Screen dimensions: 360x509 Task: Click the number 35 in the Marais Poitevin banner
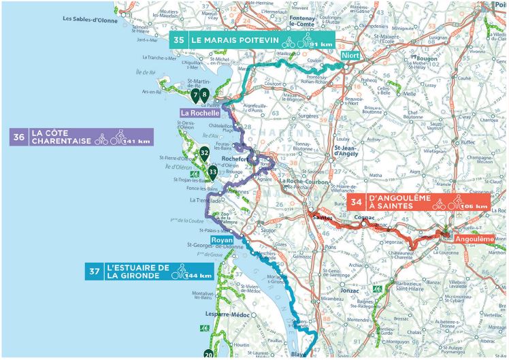click(179, 40)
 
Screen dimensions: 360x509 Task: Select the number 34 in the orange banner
click(357, 202)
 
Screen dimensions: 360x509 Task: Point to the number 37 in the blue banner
click(95, 272)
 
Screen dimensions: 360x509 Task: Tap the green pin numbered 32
click(204, 153)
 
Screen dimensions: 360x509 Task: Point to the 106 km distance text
click(474, 206)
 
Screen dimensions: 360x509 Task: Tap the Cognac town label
click(364, 218)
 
